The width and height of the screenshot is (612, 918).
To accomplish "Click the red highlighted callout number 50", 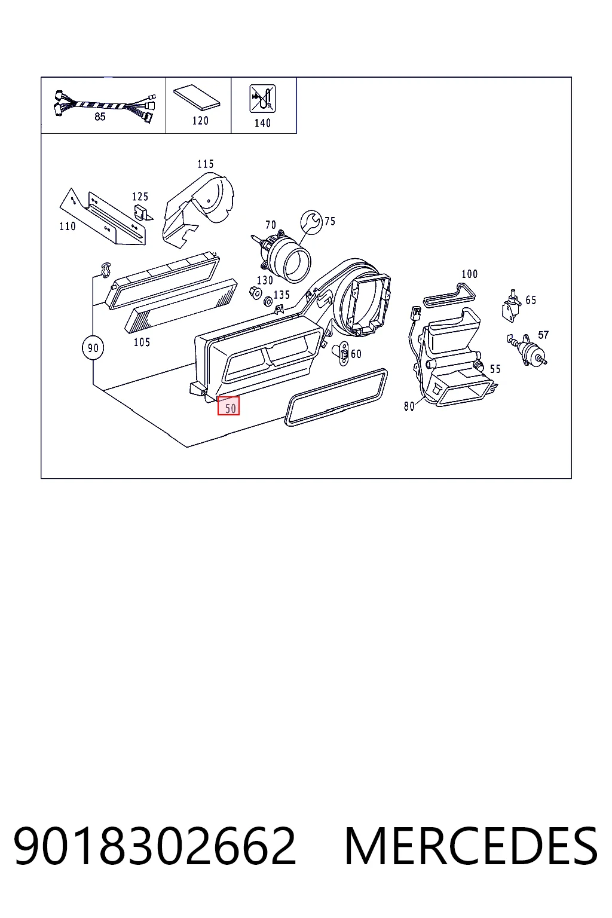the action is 228,406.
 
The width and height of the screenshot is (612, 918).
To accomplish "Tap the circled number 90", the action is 93,348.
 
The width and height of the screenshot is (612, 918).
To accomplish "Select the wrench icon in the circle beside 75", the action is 311,222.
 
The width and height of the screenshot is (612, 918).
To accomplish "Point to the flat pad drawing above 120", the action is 197,98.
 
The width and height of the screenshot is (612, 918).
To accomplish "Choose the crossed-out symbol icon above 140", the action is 262,99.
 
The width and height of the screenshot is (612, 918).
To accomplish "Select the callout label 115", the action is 206,164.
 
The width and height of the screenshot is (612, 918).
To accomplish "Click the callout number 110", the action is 68,227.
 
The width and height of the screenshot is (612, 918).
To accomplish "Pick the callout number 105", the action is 142,342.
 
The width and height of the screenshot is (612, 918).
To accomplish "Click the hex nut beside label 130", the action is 255,293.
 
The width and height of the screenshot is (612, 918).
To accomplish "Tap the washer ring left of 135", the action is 268,302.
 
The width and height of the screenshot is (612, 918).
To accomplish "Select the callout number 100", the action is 469,274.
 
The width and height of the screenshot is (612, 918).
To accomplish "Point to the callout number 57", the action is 543,335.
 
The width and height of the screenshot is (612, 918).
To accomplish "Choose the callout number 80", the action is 409,406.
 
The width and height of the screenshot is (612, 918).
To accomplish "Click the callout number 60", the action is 356,354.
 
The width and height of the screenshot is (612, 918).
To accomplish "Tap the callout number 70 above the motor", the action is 271,225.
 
